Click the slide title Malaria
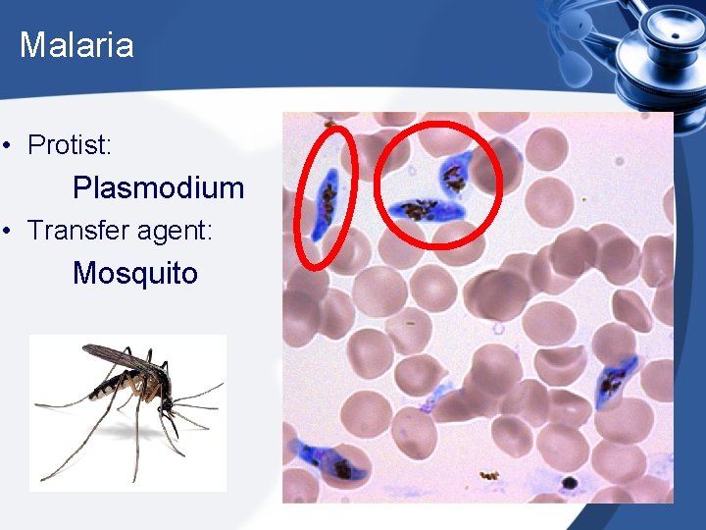pyautogui.click(x=76, y=45)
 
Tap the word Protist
pyautogui.click(x=68, y=146)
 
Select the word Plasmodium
pyautogui.click(x=158, y=187)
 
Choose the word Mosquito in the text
pyautogui.click(x=135, y=273)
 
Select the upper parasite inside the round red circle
pyautogui.click(x=454, y=175)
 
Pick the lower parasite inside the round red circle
pyautogui.click(x=424, y=209)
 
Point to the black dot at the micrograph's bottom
pyautogui.click(x=568, y=483)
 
